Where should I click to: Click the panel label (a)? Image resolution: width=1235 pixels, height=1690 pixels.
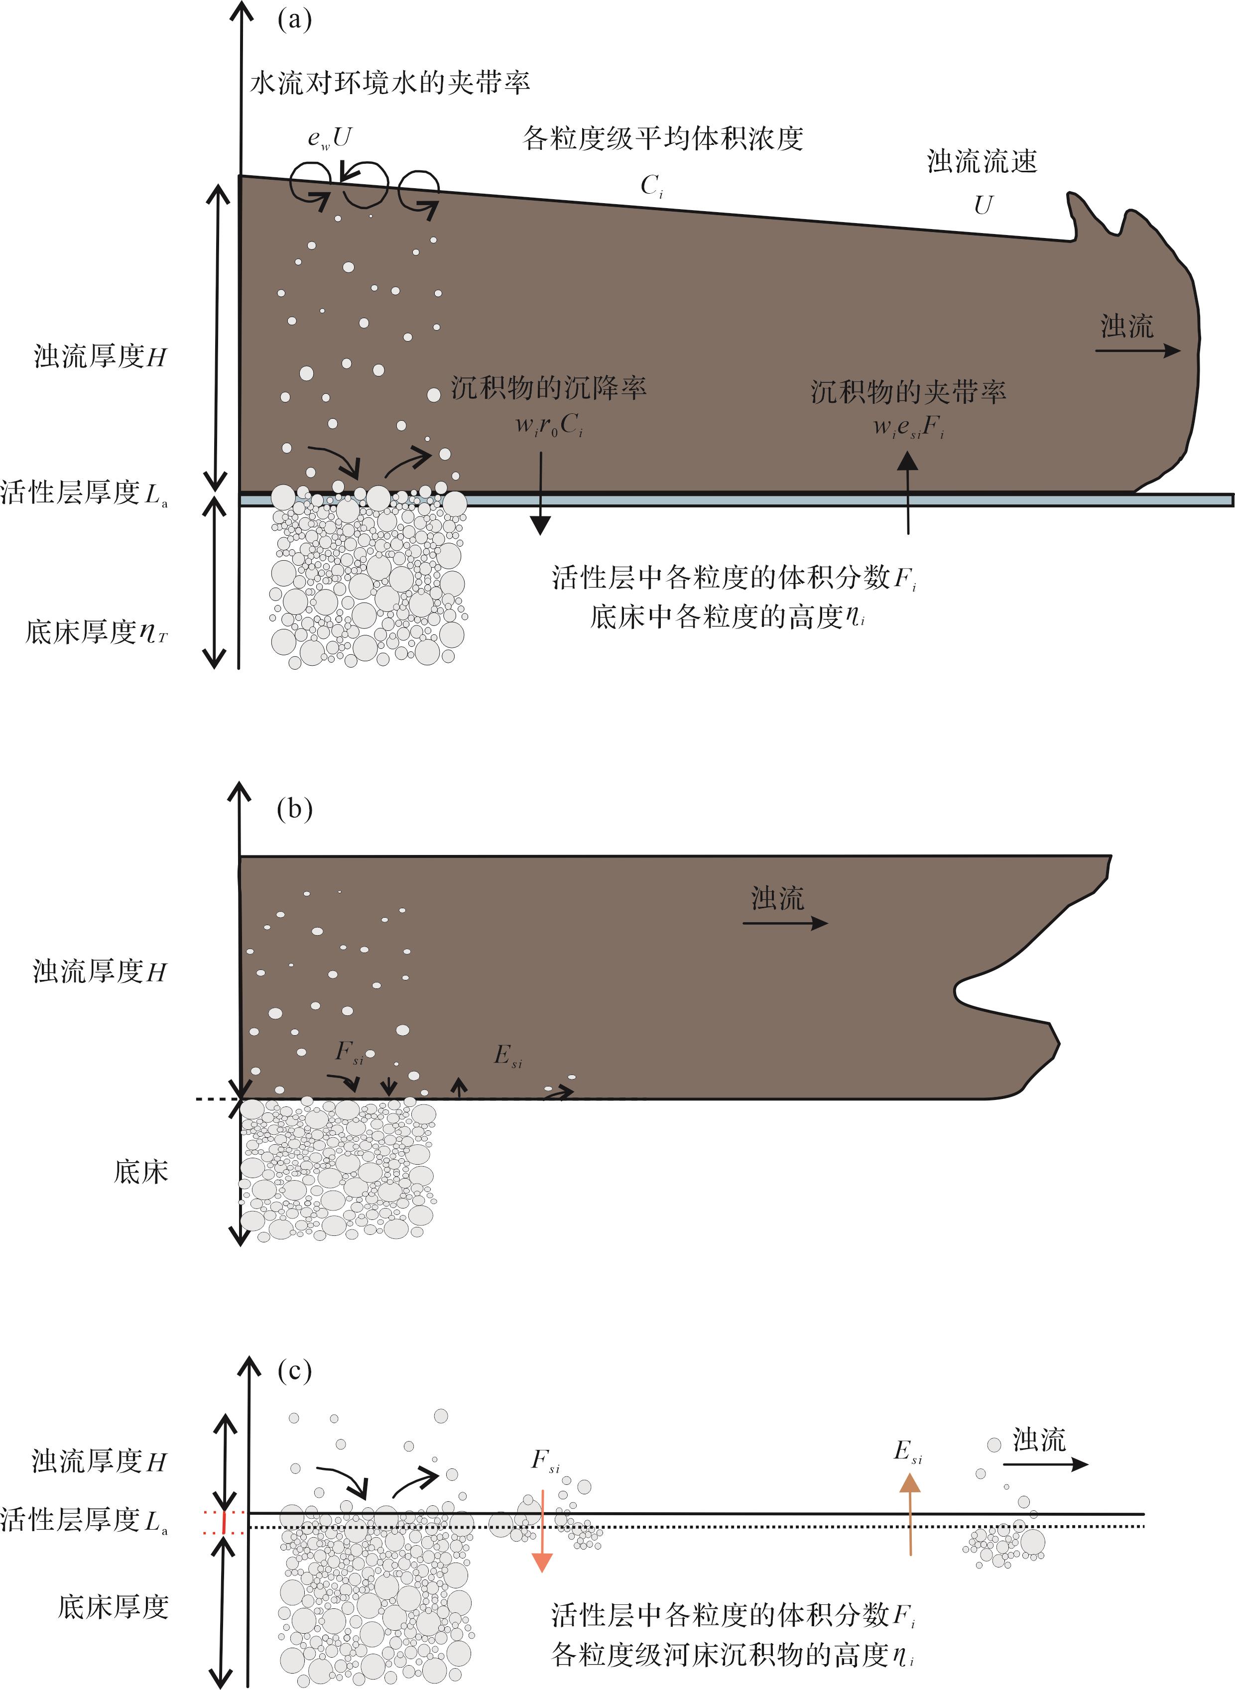(x=294, y=19)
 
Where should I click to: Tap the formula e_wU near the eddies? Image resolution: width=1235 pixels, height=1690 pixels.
(x=330, y=138)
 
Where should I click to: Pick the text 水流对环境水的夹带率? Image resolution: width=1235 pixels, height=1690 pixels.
(x=389, y=82)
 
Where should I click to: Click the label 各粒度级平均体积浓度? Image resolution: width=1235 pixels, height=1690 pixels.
(x=663, y=138)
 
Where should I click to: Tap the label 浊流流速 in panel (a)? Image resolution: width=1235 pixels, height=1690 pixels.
(x=983, y=161)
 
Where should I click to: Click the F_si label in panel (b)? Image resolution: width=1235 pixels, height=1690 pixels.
(x=349, y=1053)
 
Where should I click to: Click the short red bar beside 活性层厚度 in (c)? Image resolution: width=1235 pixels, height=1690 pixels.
(x=224, y=1521)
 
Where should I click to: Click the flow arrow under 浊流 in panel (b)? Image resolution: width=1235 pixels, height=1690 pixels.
(x=785, y=923)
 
